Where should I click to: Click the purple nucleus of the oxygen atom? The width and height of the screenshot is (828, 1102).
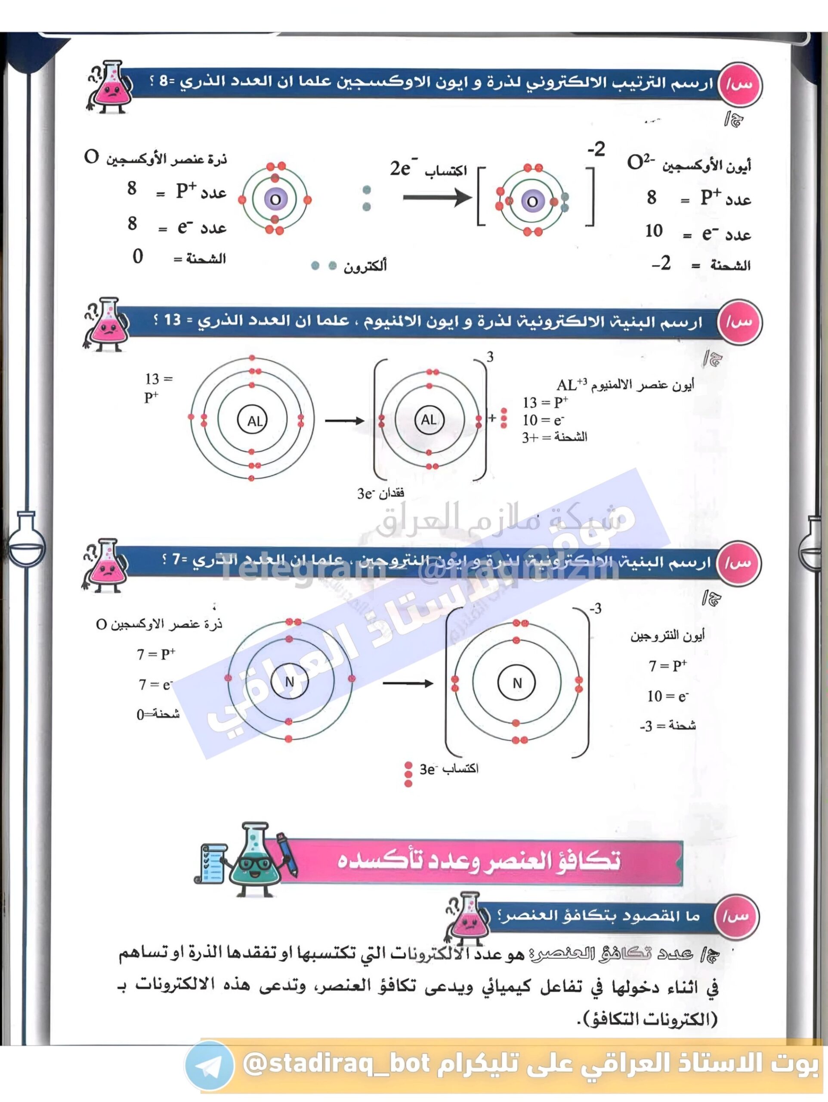[275, 199]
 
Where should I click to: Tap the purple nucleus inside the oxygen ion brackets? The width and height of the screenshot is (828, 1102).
[531, 201]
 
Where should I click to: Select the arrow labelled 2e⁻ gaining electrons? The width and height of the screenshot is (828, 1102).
[437, 198]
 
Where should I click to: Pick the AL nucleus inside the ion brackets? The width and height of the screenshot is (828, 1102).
[429, 419]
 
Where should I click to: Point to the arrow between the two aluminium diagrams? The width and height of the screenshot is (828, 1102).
[344, 421]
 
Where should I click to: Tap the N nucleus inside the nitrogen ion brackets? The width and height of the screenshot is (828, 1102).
[516, 683]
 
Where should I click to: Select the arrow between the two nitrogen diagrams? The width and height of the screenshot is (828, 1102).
[408, 684]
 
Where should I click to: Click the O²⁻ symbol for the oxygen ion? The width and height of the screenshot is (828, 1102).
[641, 162]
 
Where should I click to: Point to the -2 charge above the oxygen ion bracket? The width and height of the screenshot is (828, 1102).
[596, 149]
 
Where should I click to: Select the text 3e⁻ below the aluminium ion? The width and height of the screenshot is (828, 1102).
[365, 494]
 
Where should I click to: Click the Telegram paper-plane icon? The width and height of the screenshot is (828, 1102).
[209, 1066]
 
